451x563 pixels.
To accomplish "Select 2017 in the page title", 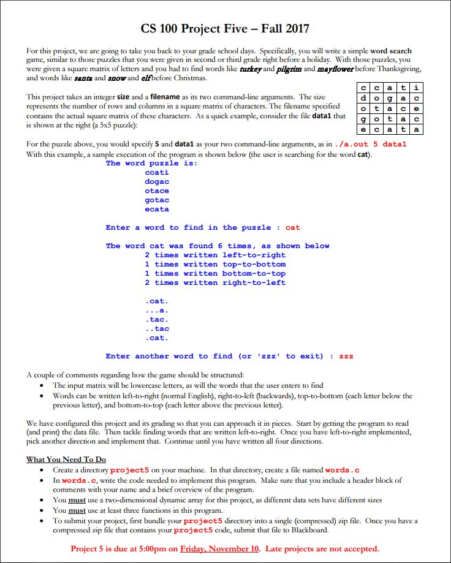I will click(295, 28).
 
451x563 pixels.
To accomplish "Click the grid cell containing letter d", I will click(365, 98).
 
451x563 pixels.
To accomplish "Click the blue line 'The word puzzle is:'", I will click(151, 163).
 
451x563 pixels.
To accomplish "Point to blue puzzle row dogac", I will click(157, 182).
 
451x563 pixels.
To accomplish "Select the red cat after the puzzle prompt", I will click(293, 228).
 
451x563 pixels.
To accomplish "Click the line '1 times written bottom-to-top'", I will click(215, 273).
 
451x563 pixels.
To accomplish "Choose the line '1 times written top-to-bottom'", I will click(215, 264).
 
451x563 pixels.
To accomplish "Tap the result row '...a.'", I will click(157, 311).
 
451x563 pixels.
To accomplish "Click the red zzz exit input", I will click(346, 356).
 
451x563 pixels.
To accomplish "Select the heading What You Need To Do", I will click(66, 459).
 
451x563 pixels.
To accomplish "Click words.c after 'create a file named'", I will click(347, 470).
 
